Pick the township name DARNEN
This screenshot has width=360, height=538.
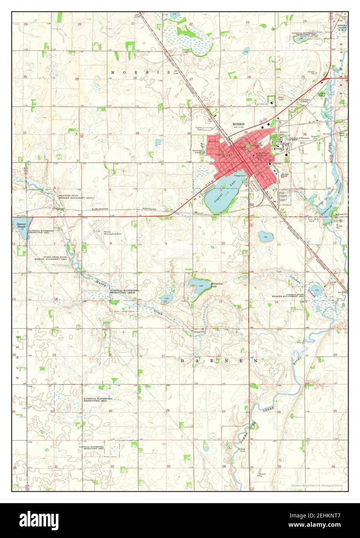[219, 361]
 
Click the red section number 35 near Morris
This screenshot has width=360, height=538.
[245, 132]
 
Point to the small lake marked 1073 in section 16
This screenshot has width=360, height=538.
[166, 299]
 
